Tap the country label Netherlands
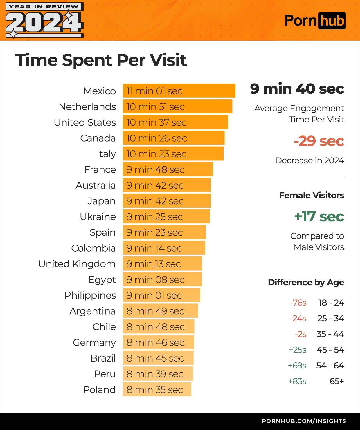click(x=87, y=107)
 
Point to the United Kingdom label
click(x=77, y=264)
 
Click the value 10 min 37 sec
click(x=156, y=122)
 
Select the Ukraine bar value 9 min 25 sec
click(x=154, y=217)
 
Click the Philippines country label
click(x=90, y=295)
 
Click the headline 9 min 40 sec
click(x=297, y=88)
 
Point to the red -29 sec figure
click(x=318, y=141)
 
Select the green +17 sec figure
click(x=319, y=216)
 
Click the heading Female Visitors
click(x=312, y=195)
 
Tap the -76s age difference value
click(x=298, y=303)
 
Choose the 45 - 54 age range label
click(x=330, y=350)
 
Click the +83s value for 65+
click(x=297, y=381)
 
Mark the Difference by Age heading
click(x=306, y=282)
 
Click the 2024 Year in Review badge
click(x=44, y=21)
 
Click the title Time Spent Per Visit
click(x=101, y=60)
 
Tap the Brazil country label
click(x=103, y=358)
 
